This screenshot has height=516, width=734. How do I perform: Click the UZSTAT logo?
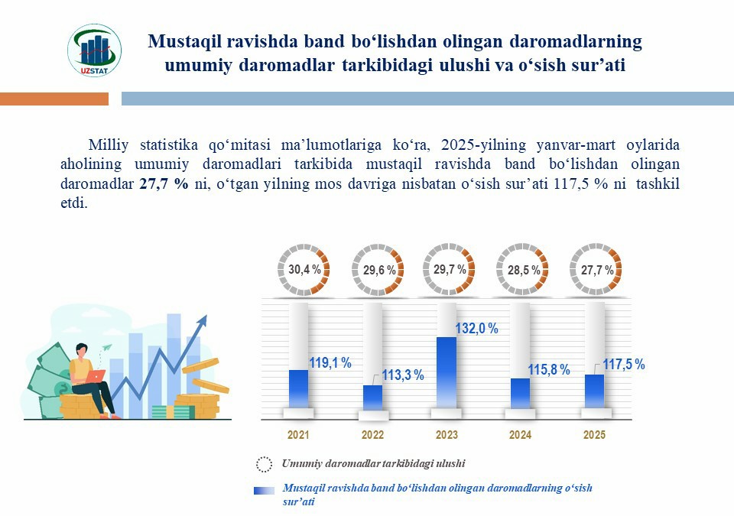pos(94,51)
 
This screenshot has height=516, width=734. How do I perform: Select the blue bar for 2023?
pos(447,372)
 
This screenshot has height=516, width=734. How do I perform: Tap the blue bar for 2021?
pos(298,389)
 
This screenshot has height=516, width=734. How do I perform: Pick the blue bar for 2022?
pos(372,397)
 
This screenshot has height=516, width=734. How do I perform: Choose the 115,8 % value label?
pos(548,370)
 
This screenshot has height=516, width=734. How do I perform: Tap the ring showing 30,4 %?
pos(304,270)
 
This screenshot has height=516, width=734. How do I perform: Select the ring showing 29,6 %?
pos(378,271)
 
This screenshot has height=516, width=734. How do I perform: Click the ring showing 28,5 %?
pos(524,271)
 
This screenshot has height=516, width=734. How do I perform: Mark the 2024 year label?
pos(521,436)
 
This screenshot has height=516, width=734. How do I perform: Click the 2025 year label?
pos(594,436)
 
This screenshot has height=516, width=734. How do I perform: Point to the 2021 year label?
pos(298,436)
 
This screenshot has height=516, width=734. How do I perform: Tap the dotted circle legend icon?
pos(264,464)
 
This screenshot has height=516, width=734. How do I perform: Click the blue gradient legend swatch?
pos(264,492)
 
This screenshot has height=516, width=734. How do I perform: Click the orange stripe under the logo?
pos(54,99)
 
